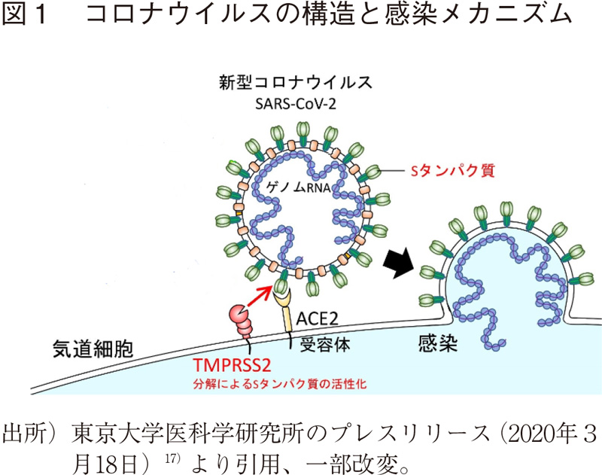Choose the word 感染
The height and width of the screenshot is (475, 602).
coord(439,346)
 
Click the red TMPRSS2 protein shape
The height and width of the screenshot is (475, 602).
coord(246,320)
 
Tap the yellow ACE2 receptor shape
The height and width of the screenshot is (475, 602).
coord(285,310)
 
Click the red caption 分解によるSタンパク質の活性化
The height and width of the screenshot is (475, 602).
coord(284,385)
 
